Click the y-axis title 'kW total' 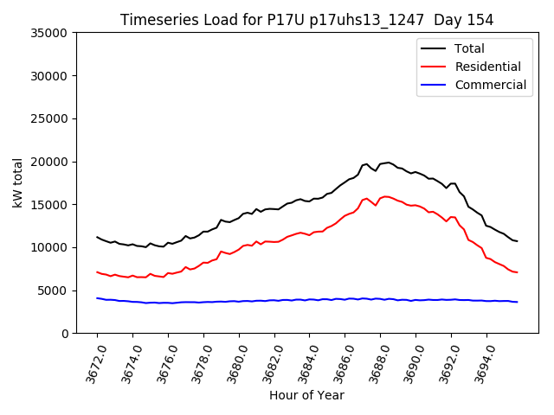click(18, 182)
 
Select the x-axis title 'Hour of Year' click(306, 395)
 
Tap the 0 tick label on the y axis click(66, 334)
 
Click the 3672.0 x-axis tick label click(91, 363)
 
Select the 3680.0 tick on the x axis click(233, 363)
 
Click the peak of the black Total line click(389, 162)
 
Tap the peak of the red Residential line click(385, 196)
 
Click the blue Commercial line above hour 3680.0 click(239, 301)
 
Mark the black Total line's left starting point click(97, 237)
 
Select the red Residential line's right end click(517, 272)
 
